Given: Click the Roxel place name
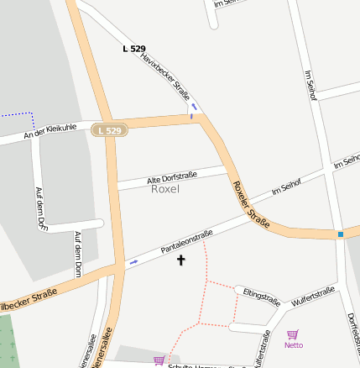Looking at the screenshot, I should [165, 189].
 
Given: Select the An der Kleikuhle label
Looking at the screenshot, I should [50, 132].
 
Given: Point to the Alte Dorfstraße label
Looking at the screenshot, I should [171, 177].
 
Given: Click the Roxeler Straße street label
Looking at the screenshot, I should [250, 202].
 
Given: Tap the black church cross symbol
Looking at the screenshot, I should [180, 260].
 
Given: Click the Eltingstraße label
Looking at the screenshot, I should [261, 295].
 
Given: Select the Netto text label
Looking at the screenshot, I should [294, 345].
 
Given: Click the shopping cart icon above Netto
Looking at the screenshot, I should [293, 334].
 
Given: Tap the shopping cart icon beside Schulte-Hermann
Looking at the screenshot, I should [159, 360].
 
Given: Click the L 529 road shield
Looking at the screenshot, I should [109, 130].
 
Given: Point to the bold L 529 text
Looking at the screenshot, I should [133, 49].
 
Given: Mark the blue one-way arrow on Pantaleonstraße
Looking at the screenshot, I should [133, 263].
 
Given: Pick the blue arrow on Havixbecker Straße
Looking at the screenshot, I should [193, 107].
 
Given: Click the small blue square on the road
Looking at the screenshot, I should [340, 234].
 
